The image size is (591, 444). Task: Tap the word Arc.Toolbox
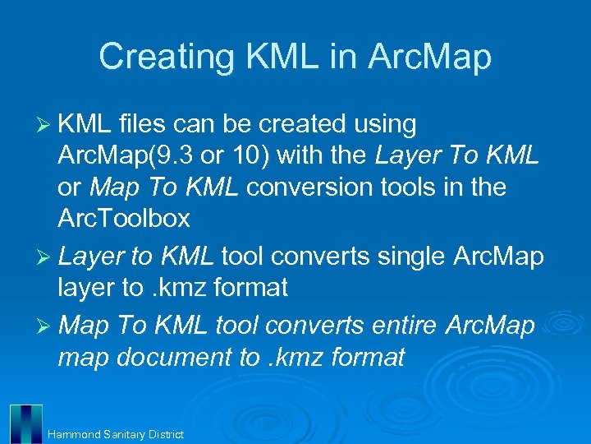124,220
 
